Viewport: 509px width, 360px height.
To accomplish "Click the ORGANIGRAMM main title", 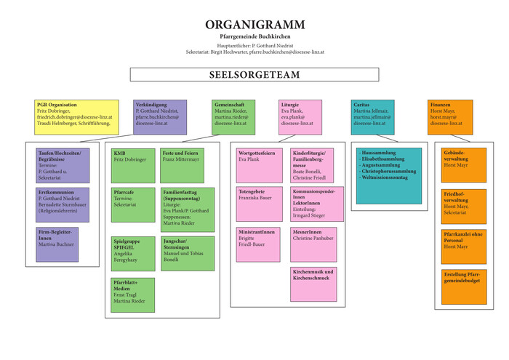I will click(x=254, y=25).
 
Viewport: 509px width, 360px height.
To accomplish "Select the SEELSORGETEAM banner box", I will click(x=254, y=74).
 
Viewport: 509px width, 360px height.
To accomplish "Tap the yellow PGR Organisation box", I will click(x=76, y=117).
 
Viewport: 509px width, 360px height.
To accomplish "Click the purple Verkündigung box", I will click(x=160, y=117).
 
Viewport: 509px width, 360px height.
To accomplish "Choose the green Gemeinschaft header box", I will click(x=234, y=117).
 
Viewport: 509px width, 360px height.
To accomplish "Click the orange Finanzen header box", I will click(x=449, y=117).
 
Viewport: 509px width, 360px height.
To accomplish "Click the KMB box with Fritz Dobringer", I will click(x=133, y=165).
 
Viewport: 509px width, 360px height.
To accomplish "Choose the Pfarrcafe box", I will click(x=133, y=206).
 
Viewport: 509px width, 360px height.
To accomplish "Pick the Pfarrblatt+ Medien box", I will click(x=133, y=294).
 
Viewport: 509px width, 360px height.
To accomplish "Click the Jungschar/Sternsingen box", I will click(x=188, y=253).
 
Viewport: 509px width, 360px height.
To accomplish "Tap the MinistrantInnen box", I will click(x=257, y=244).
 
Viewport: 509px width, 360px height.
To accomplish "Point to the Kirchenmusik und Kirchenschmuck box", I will click(x=313, y=284).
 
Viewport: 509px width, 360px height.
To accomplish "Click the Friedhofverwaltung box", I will click(x=463, y=204).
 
